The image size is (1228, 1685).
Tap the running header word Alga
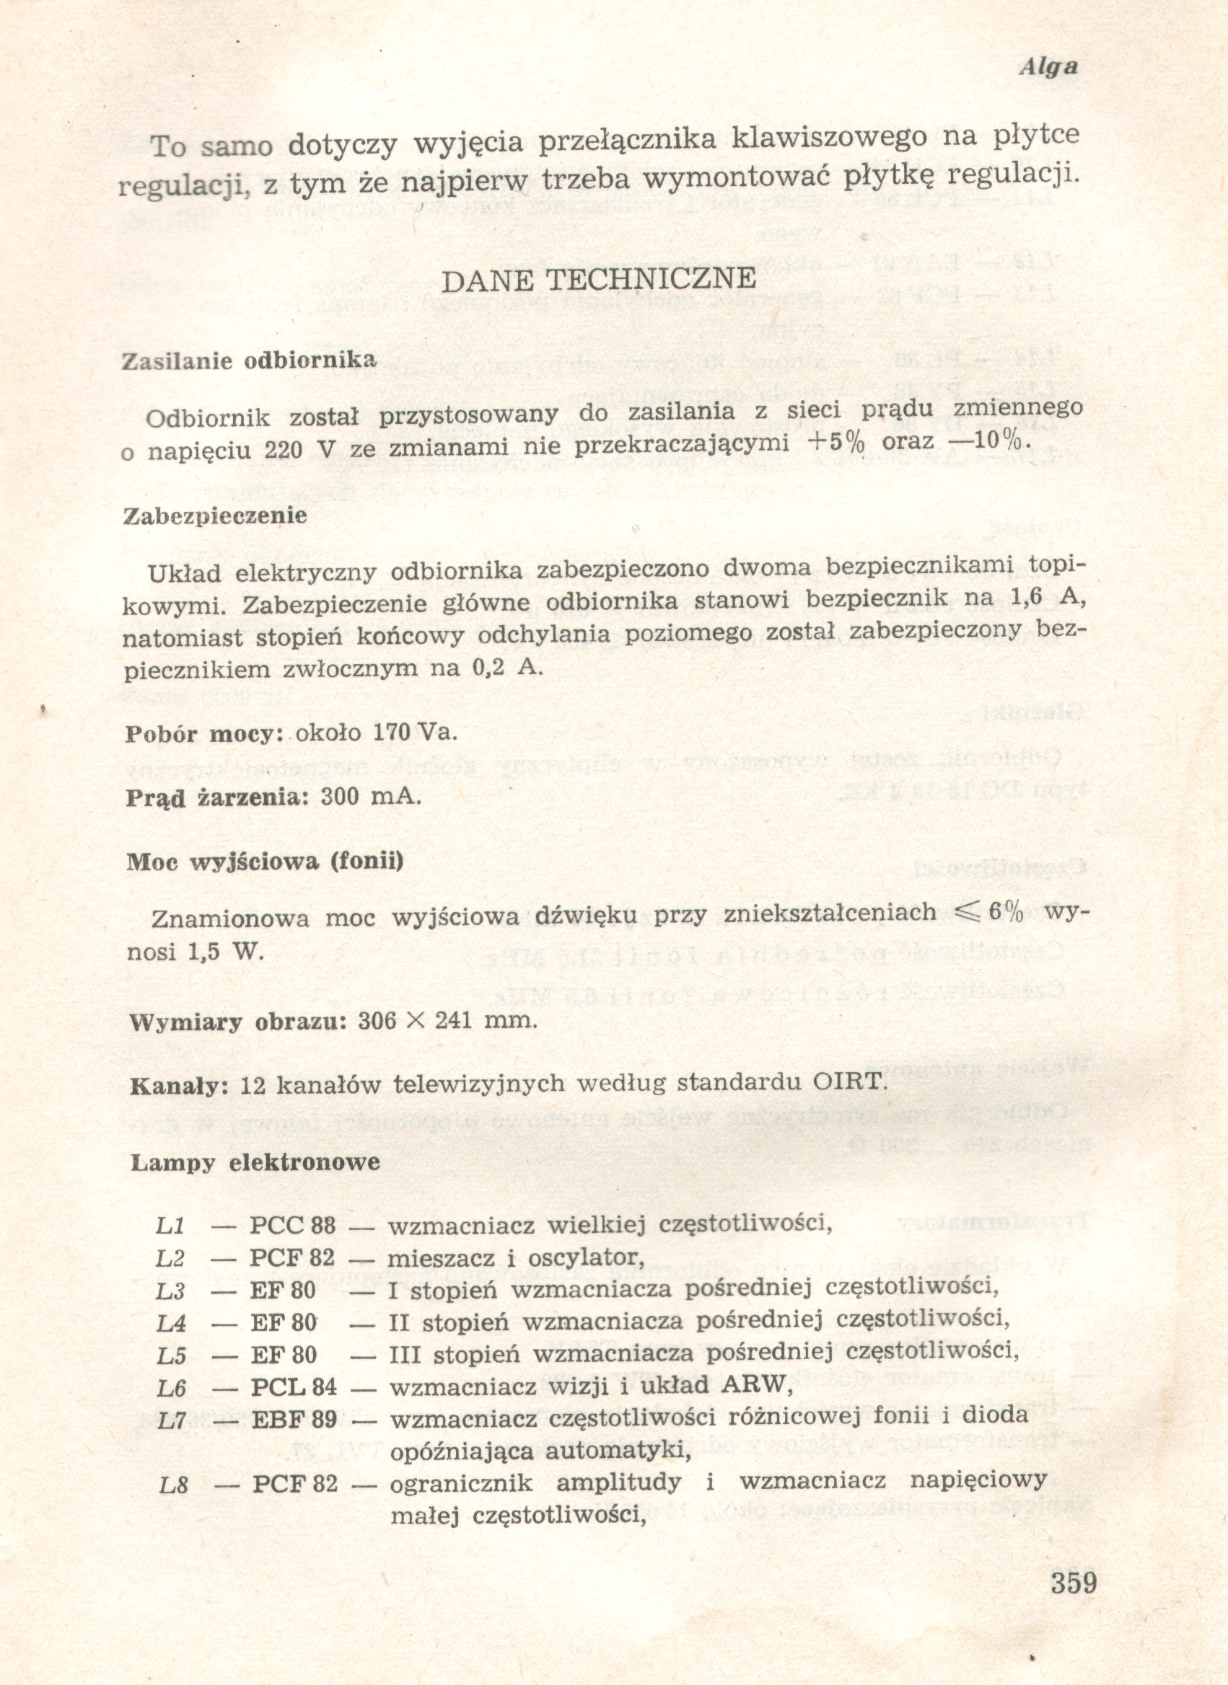1048,67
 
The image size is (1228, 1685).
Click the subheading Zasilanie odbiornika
249,361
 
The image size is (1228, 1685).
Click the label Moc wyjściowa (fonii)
266,862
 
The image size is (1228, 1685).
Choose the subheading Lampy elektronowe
255,1163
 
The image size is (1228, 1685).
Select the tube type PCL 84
293,1387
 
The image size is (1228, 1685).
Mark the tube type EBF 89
294,1420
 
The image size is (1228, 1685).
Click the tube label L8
172,1485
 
